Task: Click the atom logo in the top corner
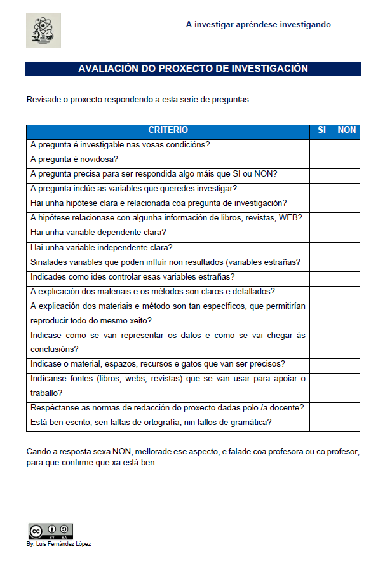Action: [43, 30]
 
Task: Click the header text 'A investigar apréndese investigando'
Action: [258, 25]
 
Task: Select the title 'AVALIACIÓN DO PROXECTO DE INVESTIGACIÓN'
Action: [193, 69]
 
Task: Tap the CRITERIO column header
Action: [168, 130]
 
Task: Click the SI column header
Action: [321, 130]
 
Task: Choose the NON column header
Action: [347, 130]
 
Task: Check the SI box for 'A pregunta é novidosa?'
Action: [321, 159]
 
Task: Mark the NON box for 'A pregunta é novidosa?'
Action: [347, 159]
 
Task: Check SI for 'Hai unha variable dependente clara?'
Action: [321, 233]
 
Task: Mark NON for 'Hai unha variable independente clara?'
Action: [347, 248]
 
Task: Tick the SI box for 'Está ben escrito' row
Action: [321, 423]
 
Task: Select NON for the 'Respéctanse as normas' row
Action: [347, 408]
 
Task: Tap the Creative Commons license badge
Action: [50, 531]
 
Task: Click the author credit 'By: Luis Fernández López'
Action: [58, 544]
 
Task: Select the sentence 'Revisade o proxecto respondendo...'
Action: [138, 100]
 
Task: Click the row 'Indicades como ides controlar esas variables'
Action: [133, 276]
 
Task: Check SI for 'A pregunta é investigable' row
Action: [321, 145]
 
